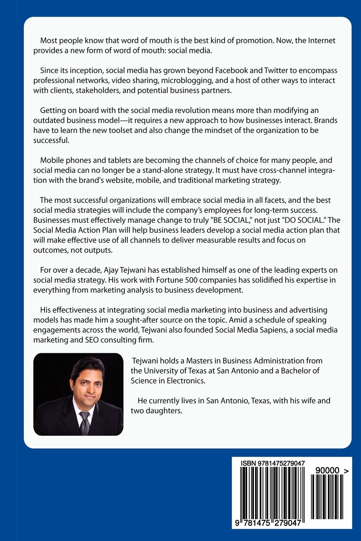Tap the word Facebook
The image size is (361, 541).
point(232,70)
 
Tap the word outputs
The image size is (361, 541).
point(100,250)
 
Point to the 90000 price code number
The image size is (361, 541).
point(327,471)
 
